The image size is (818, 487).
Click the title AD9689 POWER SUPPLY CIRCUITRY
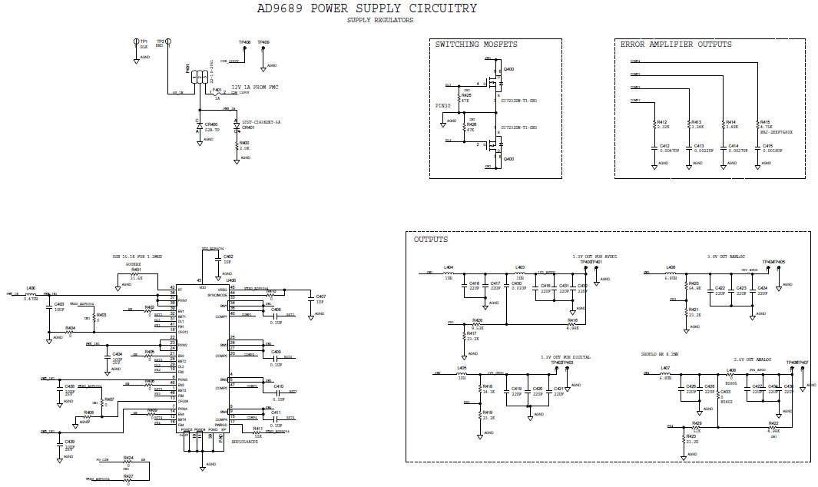click(366, 8)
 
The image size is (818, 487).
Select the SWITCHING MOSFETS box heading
click(476, 45)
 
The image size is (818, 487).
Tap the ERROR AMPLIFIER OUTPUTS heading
click(676, 45)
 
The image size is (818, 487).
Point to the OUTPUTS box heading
click(431, 240)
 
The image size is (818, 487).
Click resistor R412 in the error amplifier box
click(663, 122)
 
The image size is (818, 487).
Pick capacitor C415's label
click(766, 145)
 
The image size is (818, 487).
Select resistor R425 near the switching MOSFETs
click(466, 96)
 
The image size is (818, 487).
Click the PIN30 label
click(442, 105)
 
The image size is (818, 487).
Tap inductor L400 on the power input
click(31, 288)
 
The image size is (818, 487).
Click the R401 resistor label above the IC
click(136, 270)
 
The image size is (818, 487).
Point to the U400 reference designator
click(230, 280)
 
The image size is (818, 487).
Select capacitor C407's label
click(320, 296)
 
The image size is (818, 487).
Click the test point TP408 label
click(244, 42)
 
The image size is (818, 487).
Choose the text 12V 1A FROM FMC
click(256, 88)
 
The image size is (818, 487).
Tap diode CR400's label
click(212, 124)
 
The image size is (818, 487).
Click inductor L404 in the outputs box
click(449, 267)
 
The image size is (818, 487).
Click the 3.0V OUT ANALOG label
click(727, 257)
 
